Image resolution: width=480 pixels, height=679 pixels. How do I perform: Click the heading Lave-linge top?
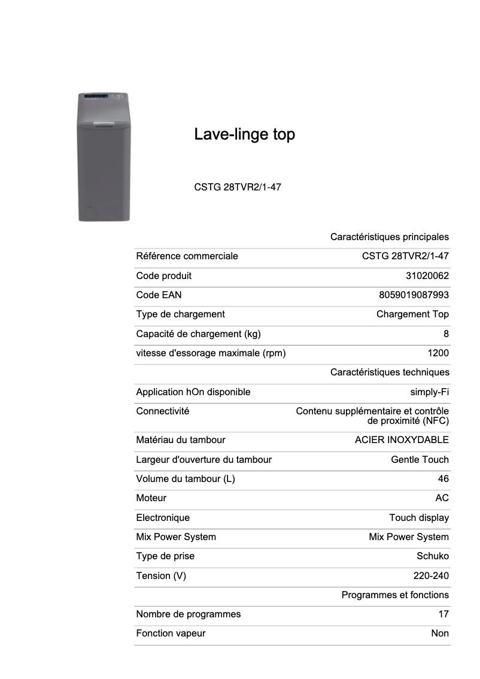244,134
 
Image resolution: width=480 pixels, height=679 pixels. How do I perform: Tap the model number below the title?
238,187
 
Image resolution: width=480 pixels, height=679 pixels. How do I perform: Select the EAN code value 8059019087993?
414,295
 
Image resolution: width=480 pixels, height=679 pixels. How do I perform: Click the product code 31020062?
427,275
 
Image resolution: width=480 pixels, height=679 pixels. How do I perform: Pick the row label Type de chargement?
180,314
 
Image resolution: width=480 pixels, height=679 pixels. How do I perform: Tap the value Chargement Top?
412,314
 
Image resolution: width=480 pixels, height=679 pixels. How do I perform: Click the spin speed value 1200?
438,353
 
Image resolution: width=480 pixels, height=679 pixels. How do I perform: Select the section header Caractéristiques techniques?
389,372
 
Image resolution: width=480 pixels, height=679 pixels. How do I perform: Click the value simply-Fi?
429,392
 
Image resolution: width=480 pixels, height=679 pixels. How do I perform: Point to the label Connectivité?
162,411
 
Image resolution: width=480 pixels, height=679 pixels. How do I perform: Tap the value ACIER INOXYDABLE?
402,439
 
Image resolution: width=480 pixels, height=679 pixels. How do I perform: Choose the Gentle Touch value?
420,459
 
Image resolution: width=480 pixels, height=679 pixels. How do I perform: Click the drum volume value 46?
443,478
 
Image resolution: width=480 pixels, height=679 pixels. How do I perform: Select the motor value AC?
442,498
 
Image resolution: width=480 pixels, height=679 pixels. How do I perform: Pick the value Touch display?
419,517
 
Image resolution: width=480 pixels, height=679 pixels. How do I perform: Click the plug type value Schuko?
432,556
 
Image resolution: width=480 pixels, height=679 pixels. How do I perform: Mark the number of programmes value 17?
443,614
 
